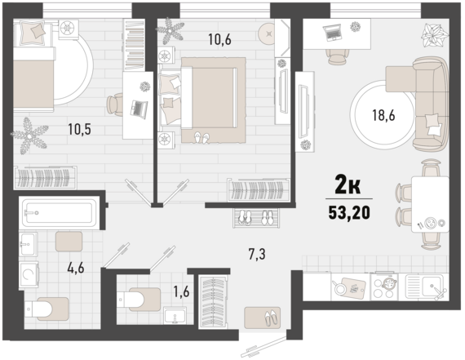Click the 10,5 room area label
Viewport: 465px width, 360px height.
pyautogui.click(x=79, y=129)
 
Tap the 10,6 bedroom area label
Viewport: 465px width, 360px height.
pyautogui.click(x=219, y=39)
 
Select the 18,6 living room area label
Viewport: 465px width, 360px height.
pyautogui.click(x=383, y=115)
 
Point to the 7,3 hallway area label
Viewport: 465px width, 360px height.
pyautogui.click(x=257, y=255)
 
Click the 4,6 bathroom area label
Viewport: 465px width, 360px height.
pyautogui.click(x=76, y=268)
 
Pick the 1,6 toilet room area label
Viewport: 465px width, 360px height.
pyautogui.click(x=181, y=292)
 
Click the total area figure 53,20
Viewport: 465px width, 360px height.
pyautogui.click(x=349, y=212)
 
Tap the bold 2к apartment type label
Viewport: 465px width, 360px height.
pyautogui.click(x=348, y=184)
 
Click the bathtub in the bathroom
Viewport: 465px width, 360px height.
pyautogui.click(x=60, y=212)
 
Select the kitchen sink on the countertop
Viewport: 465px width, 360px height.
pyautogui.click(x=426, y=287)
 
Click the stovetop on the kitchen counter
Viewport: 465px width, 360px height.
pyautogui.click(x=384, y=286)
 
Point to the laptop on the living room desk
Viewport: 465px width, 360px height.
pyautogui.click(x=332, y=33)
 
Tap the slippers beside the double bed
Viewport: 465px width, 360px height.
pyautogui.click(x=201, y=138)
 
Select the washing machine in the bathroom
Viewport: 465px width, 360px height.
pyautogui.click(x=29, y=274)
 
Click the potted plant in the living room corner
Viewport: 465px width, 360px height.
pyautogui.click(x=434, y=35)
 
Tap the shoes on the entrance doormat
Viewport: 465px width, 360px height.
pyautogui.click(x=272, y=318)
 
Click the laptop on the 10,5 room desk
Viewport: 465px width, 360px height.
pyautogui.click(x=139, y=109)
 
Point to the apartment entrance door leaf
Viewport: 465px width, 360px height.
pyautogui.click(x=264, y=346)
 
